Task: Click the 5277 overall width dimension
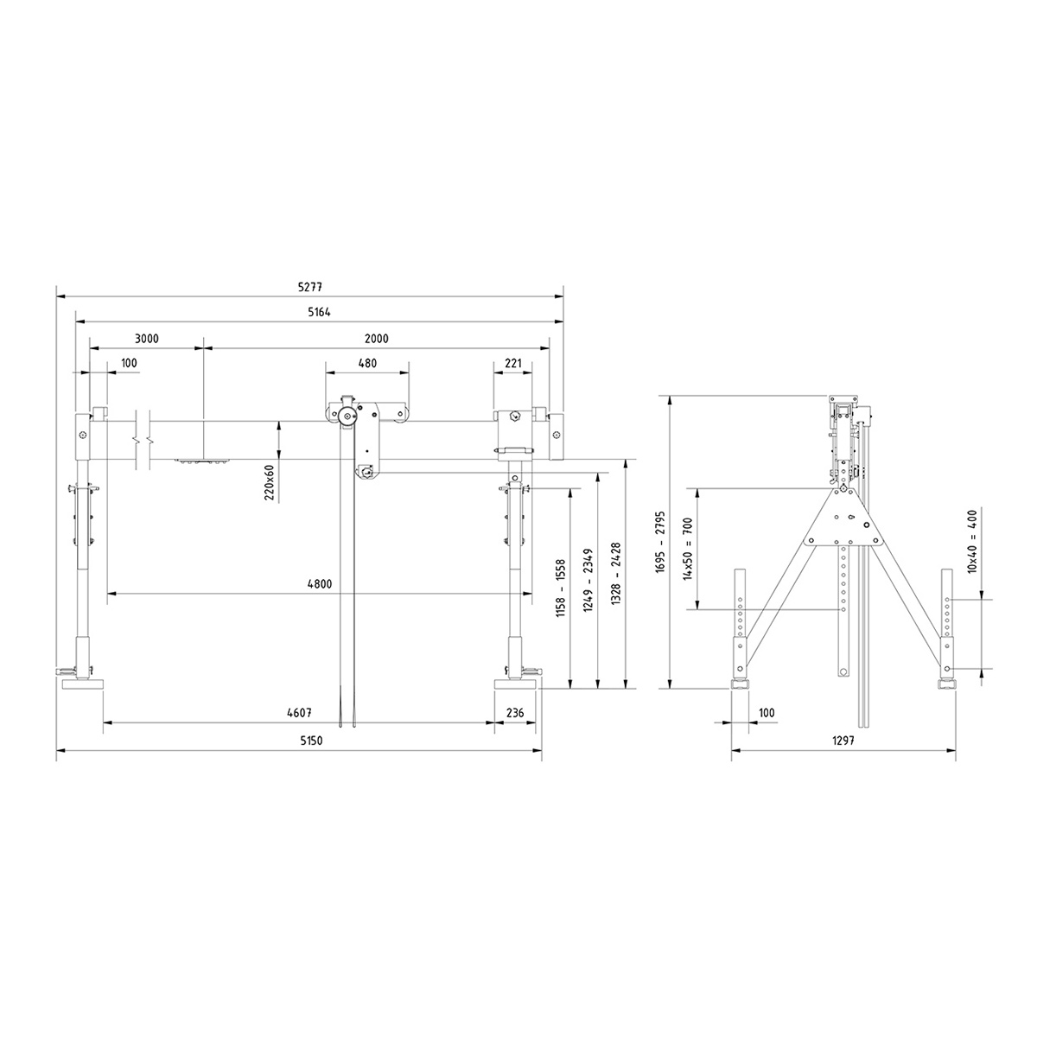pyautogui.click(x=310, y=287)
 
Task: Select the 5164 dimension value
pyautogui.click(x=319, y=312)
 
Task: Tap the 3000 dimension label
pyautogui.click(x=146, y=339)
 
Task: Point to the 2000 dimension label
pyautogui.click(x=376, y=339)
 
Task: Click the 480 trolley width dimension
pyautogui.click(x=367, y=363)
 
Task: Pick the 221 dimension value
pyautogui.click(x=513, y=363)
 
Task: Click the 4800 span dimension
pyautogui.click(x=320, y=584)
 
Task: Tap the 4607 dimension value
pyautogui.click(x=299, y=712)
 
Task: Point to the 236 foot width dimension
pyautogui.click(x=515, y=712)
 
